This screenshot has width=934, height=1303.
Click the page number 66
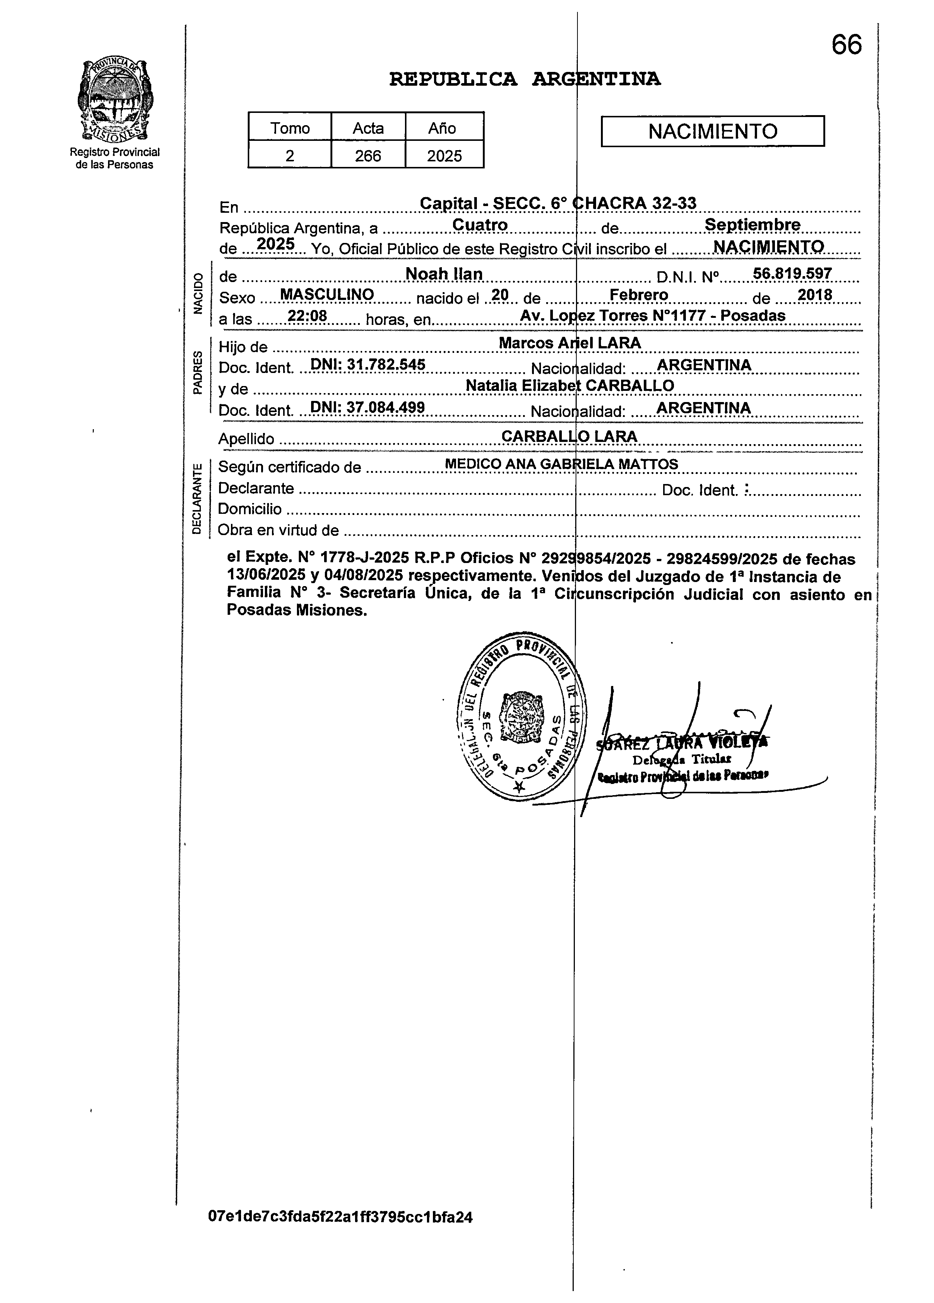pos(846,45)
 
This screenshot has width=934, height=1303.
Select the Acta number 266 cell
pos(368,155)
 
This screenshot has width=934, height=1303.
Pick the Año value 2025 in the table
pos(444,155)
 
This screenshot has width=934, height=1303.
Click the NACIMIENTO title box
pos(712,132)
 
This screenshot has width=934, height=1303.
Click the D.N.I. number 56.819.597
pos(792,273)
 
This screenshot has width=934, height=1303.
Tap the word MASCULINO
pos(326,295)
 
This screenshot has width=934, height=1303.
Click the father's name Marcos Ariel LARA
pos(569,343)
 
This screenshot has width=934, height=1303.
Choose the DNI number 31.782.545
pos(368,364)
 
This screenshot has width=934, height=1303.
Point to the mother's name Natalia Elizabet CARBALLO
pos(569,386)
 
